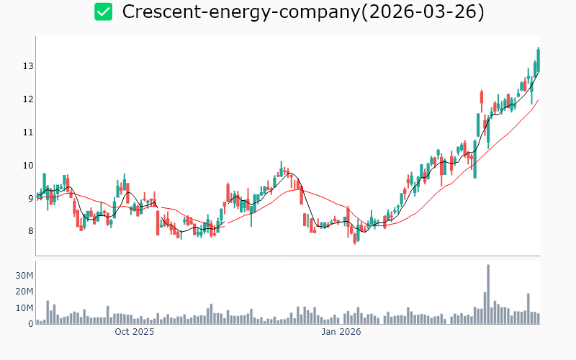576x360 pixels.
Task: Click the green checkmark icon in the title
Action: click(x=104, y=12)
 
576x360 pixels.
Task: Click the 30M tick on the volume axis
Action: click(x=24, y=276)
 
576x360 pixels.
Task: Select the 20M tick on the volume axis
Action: click(x=24, y=292)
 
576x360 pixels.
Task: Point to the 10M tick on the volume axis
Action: click(x=24, y=307)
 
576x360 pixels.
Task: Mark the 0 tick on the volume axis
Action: click(x=30, y=324)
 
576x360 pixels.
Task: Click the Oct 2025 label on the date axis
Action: click(x=135, y=332)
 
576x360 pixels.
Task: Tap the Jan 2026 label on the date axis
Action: click(x=341, y=332)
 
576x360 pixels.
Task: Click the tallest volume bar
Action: click(x=488, y=294)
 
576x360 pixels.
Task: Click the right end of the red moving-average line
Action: click(x=538, y=100)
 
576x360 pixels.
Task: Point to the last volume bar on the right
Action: click(x=538, y=318)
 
